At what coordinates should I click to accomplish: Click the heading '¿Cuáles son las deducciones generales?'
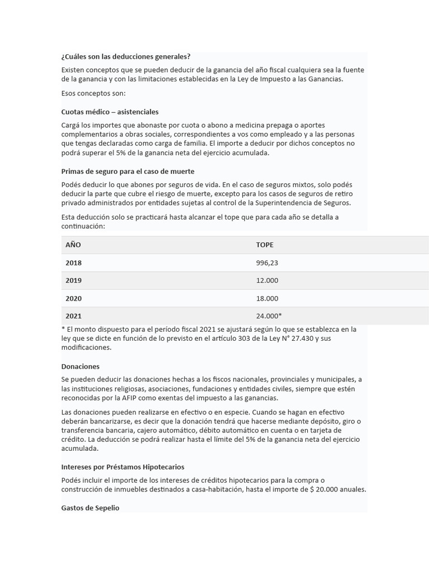pyautogui.click(x=126, y=56)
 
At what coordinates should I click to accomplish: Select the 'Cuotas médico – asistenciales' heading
pyautogui.click(x=110, y=112)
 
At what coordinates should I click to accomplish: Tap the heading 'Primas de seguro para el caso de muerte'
pyautogui.click(x=127, y=171)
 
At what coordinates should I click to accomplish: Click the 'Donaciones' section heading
pyautogui.click(x=80, y=366)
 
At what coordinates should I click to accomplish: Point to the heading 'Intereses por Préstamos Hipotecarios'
pyautogui.click(x=122, y=466)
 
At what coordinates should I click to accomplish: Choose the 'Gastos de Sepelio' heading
pyautogui.click(x=90, y=508)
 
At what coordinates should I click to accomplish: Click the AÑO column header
pyautogui.click(x=73, y=245)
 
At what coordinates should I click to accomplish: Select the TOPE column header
pyautogui.click(x=265, y=245)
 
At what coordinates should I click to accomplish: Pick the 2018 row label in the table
pyautogui.click(x=73, y=263)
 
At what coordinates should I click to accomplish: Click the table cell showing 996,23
pyautogui.click(x=267, y=263)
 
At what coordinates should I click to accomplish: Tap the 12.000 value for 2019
pyautogui.click(x=267, y=280)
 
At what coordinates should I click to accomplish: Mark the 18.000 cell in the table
pyautogui.click(x=267, y=298)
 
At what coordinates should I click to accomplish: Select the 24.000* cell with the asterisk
pyautogui.click(x=269, y=316)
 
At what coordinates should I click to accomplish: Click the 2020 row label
pyautogui.click(x=73, y=298)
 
